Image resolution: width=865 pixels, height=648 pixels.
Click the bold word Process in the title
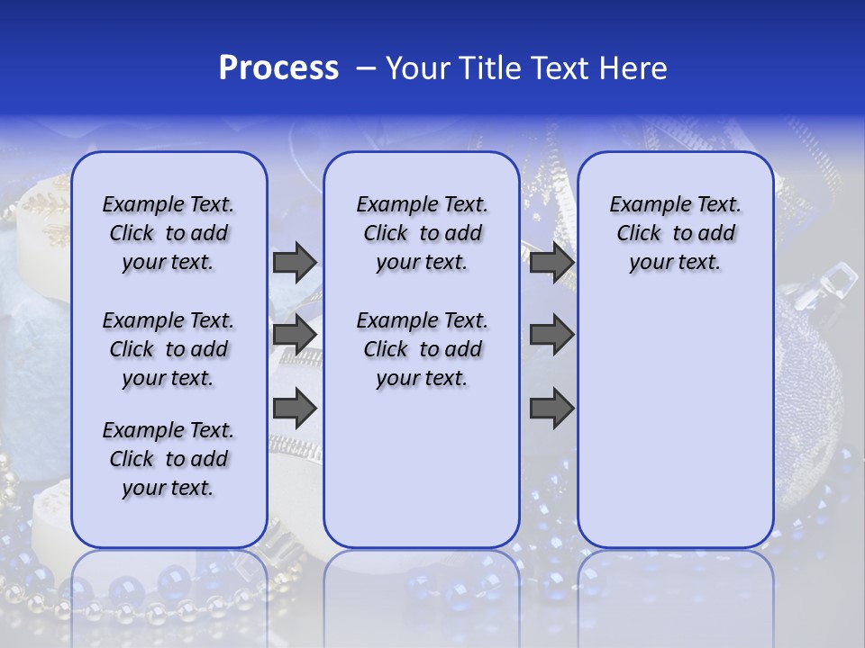pyautogui.click(x=278, y=68)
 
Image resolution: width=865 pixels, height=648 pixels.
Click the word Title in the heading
pyautogui.click(x=491, y=68)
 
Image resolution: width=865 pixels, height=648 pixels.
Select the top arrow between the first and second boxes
pyautogui.click(x=294, y=262)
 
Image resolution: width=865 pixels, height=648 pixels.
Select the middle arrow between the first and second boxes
pyautogui.click(x=294, y=335)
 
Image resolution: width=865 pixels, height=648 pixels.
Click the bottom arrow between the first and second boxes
pyautogui.click(x=294, y=409)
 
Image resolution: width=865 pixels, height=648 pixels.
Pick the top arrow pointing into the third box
pyautogui.click(x=551, y=262)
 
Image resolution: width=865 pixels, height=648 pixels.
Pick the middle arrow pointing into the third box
pyautogui.click(x=551, y=335)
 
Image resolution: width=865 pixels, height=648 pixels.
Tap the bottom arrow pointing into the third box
pyautogui.click(x=551, y=409)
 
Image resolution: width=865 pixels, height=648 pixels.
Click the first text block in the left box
pyautogui.click(x=168, y=233)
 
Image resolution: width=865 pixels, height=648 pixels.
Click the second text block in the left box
pyautogui.click(x=168, y=349)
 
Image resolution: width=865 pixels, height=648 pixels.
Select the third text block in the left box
pyautogui.click(x=168, y=459)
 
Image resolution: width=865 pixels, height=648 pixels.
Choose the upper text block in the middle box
pyautogui.click(x=422, y=233)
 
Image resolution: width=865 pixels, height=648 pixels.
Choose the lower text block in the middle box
pyautogui.click(x=422, y=349)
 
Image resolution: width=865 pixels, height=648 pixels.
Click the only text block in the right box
pyautogui.click(x=675, y=233)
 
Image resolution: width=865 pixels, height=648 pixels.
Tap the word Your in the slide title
pyautogui.click(x=418, y=68)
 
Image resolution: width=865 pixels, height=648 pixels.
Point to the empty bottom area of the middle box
pyautogui.click(x=422, y=477)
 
